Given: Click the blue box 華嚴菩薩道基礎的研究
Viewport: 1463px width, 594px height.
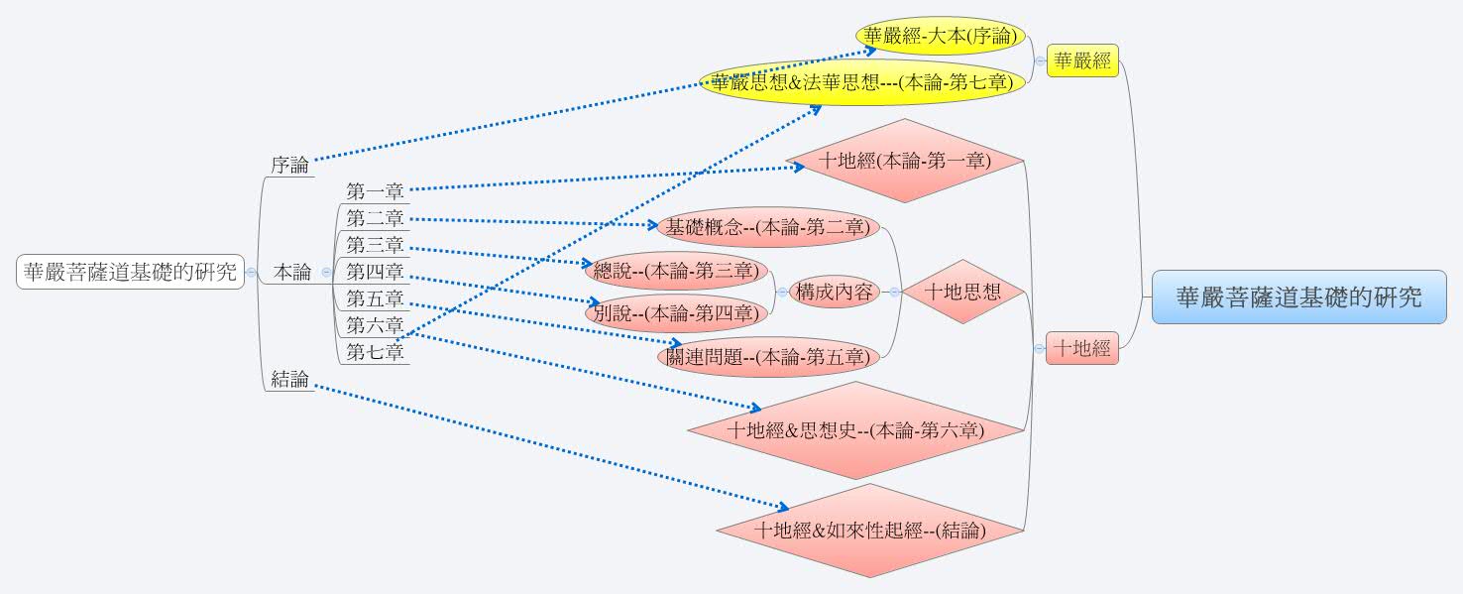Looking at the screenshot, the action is pos(1298,297).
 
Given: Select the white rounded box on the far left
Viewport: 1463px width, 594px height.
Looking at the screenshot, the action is pos(130,271).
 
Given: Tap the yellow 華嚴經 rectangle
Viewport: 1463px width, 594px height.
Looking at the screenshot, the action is pos(1082,60).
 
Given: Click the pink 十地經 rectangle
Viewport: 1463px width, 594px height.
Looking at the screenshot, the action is pos(1081,348).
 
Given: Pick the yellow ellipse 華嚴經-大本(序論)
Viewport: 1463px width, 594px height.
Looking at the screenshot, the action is pos(940,37).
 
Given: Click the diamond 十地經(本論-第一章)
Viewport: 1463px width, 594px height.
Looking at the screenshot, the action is pos(904,160).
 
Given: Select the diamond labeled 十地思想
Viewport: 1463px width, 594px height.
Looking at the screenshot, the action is pos(961,292).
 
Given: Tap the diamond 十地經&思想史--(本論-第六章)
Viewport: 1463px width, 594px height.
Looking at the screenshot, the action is pos(854,430).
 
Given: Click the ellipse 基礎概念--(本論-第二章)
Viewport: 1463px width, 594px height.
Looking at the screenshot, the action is pos(768,227).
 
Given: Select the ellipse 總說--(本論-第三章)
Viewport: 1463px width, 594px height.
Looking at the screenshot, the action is pos(675,270).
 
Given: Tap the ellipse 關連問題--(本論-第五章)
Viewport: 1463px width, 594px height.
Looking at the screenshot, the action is pos(768,357).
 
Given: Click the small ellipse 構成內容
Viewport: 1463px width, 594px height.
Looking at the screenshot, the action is pos(835,292).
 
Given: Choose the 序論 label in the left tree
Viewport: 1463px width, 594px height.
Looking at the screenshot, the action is pos(289,165).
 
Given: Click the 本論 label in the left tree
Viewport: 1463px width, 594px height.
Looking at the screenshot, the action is pos(292,272).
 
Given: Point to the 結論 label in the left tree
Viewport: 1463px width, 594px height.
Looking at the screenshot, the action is pos(289,379).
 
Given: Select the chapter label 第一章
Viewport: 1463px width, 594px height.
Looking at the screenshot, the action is pos(375,190).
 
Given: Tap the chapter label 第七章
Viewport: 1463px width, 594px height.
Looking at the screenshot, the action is pos(375,351).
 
